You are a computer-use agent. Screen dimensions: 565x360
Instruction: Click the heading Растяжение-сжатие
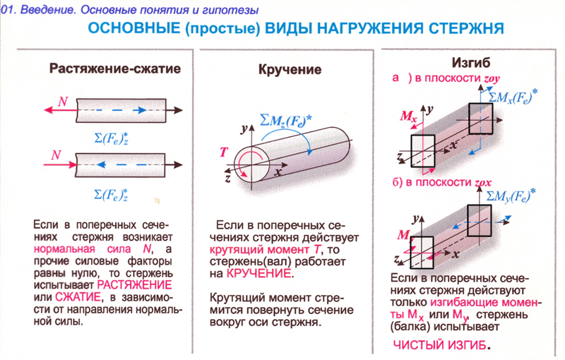(x=115, y=68)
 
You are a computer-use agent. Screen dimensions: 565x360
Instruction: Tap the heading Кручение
(x=290, y=69)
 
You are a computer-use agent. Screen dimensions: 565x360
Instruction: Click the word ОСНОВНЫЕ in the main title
(x=134, y=28)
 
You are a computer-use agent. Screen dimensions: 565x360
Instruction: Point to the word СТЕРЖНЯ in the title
(x=466, y=28)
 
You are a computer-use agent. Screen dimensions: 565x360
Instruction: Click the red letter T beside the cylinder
(x=223, y=152)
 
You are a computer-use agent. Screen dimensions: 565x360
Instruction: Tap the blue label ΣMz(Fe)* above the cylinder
(x=286, y=121)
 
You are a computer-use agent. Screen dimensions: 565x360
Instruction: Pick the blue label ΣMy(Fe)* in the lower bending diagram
(x=511, y=196)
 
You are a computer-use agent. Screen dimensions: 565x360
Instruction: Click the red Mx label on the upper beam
(x=409, y=116)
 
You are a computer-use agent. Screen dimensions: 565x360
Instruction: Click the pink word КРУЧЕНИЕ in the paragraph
(x=258, y=274)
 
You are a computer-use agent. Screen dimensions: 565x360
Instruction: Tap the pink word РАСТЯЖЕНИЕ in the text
(x=134, y=285)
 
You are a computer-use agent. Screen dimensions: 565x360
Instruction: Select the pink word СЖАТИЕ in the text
(x=78, y=297)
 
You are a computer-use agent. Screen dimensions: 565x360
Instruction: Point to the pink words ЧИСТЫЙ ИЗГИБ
(x=439, y=345)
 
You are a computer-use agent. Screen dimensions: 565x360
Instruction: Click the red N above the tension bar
(x=63, y=101)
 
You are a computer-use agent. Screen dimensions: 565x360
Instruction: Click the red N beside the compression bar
(x=56, y=155)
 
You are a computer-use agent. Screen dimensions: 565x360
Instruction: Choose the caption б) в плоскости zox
(x=442, y=182)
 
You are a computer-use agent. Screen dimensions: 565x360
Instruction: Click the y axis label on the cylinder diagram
(x=244, y=128)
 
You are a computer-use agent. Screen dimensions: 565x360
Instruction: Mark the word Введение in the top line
(x=48, y=10)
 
